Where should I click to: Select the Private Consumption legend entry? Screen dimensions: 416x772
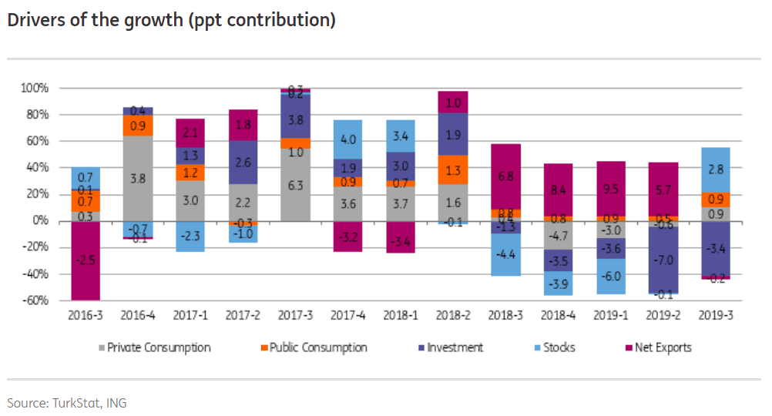pyautogui.click(x=159, y=347)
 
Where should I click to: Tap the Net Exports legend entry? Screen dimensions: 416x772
pyautogui.click(x=663, y=347)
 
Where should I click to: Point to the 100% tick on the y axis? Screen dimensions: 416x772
pyautogui.click(x=35, y=89)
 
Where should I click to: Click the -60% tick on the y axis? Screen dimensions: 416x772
pyautogui.click(x=35, y=300)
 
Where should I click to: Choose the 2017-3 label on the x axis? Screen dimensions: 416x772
pyautogui.click(x=296, y=316)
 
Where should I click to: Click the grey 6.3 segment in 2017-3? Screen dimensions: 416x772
pyautogui.click(x=295, y=185)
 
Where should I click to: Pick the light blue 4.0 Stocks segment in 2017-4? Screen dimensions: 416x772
pyautogui.click(x=347, y=139)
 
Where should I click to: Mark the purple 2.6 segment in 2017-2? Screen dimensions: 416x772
pyautogui.click(x=243, y=163)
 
